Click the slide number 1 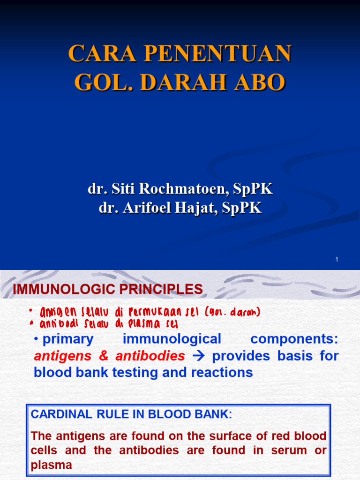[337, 260]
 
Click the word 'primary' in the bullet [68, 339]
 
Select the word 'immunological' [172, 339]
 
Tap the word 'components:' [294, 339]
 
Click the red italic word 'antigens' [63, 356]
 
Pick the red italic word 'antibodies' [150, 356]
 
